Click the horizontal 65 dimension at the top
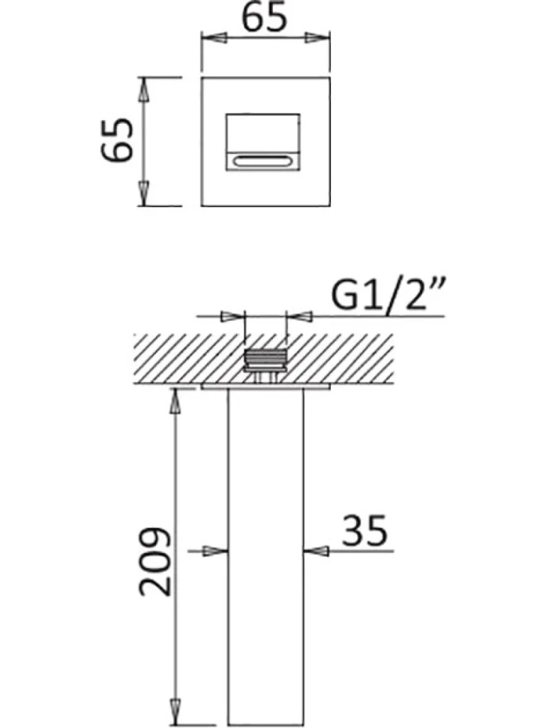tap(265, 19)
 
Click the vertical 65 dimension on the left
tap(117, 140)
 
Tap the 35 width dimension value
tap(364, 530)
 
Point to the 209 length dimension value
tap(155, 561)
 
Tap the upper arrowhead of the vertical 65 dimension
tap(144, 90)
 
